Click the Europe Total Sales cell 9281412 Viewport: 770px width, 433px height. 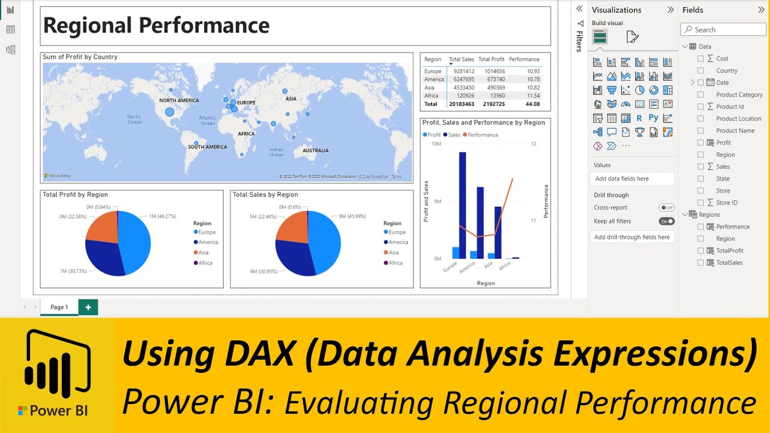coord(461,72)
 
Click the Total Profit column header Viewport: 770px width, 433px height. coord(491,60)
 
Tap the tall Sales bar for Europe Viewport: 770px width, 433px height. coord(462,205)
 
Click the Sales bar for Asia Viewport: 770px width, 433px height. coord(498,232)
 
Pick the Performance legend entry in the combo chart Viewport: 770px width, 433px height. coord(482,135)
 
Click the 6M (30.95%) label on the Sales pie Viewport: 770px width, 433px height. coord(262,272)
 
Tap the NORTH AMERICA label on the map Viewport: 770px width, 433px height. coord(179,100)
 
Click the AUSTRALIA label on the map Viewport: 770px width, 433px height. coord(315,150)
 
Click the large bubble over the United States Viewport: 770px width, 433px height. coord(169,111)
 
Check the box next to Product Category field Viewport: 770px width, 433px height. coord(700,94)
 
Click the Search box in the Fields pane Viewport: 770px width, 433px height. coord(723,29)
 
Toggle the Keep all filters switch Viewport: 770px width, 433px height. coord(667,221)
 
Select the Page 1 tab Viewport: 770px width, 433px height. coord(59,307)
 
